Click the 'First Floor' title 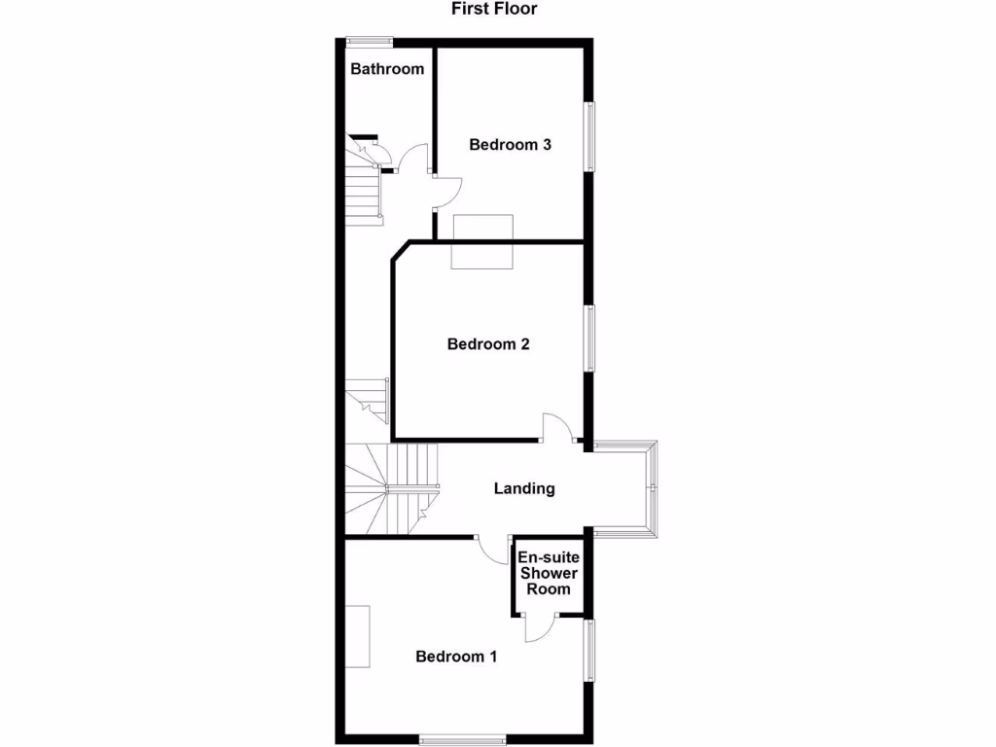click(494, 9)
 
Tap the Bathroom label click(387, 69)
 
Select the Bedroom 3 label click(511, 145)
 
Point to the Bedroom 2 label click(488, 344)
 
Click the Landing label click(524, 488)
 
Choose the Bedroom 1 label click(456, 657)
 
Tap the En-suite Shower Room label click(550, 573)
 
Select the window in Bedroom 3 click(589, 136)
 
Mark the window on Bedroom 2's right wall click(589, 338)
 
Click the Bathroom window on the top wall click(370, 41)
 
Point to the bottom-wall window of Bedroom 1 click(463, 740)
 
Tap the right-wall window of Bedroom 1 click(589, 651)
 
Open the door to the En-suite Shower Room click(538, 627)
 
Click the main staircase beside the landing click(391, 487)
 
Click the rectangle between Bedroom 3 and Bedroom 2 click(481, 241)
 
